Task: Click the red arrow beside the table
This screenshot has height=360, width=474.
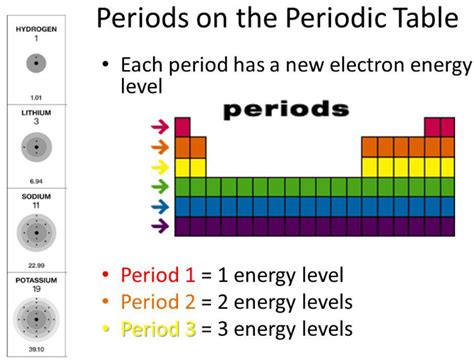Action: click(158, 127)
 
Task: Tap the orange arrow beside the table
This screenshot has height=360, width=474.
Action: click(158, 147)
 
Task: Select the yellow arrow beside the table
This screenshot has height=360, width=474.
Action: click(158, 167)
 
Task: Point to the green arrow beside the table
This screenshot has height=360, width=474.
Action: click(158, 187)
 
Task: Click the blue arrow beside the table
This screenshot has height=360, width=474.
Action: click(158, 207)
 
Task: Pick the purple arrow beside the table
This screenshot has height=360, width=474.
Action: click(158, 227)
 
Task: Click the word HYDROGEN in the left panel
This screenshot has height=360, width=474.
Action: click(36, 30)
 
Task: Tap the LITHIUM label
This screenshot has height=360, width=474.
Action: click(36, 113)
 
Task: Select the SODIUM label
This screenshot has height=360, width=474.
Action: click(36, 197)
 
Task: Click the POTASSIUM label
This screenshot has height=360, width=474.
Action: click(36, 279)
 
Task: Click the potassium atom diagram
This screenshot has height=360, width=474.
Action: click(36, 320)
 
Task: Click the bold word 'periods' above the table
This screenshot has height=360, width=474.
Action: click(286, 107)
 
